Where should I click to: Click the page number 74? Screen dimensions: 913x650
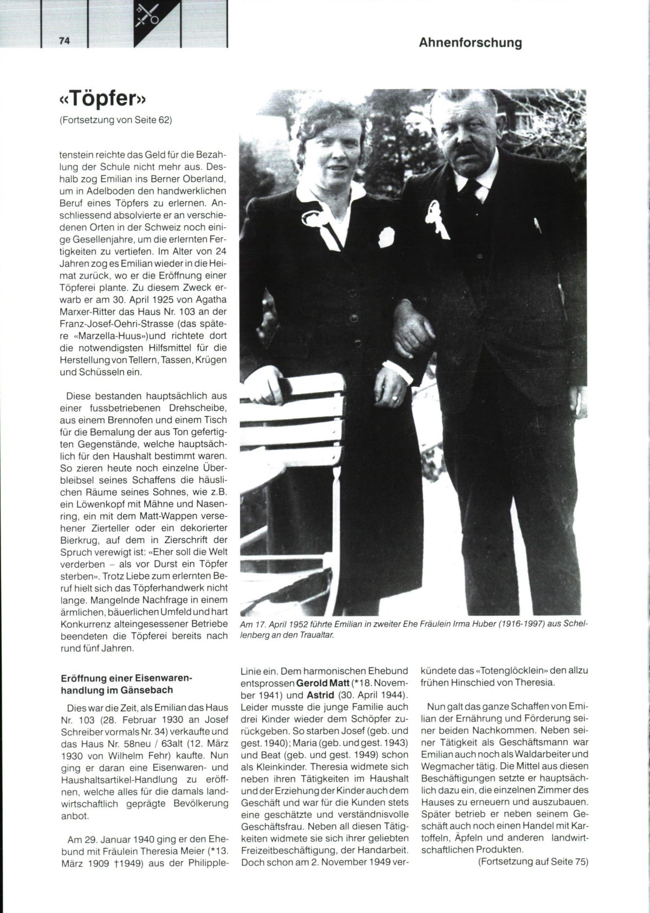point(65,41)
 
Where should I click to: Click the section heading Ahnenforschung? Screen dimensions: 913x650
point(470,43)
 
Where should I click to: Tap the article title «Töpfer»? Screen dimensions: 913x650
point(103,100)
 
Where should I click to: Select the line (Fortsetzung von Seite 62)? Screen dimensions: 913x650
point(115,120)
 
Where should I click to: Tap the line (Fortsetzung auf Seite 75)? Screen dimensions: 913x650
point(533,862)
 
